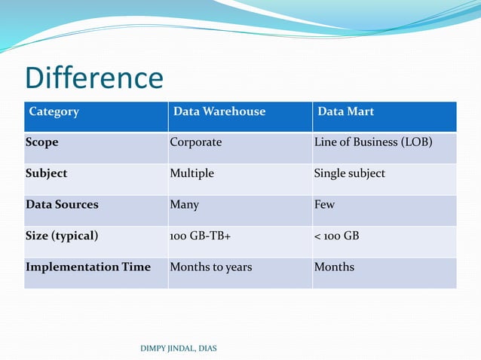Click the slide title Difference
(94, 78)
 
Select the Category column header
(54, 111)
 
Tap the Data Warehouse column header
(219, 111)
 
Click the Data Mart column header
(345, 111)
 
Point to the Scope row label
(41, 142)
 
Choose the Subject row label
(46, 173)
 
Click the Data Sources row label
(62, 204)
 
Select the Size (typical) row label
(62, 236)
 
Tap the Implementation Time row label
(88, 267)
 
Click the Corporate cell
(196, 142)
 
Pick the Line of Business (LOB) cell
(373, 142)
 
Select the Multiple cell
(191, 173)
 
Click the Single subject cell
(349, 173)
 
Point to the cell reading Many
(184, 204)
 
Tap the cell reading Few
(324, 204)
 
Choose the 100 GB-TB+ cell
(200, 236)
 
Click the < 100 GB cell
(336, 236)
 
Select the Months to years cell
(210, 267)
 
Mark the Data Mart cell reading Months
(334, 267)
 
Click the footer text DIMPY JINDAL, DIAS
(178, 347)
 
